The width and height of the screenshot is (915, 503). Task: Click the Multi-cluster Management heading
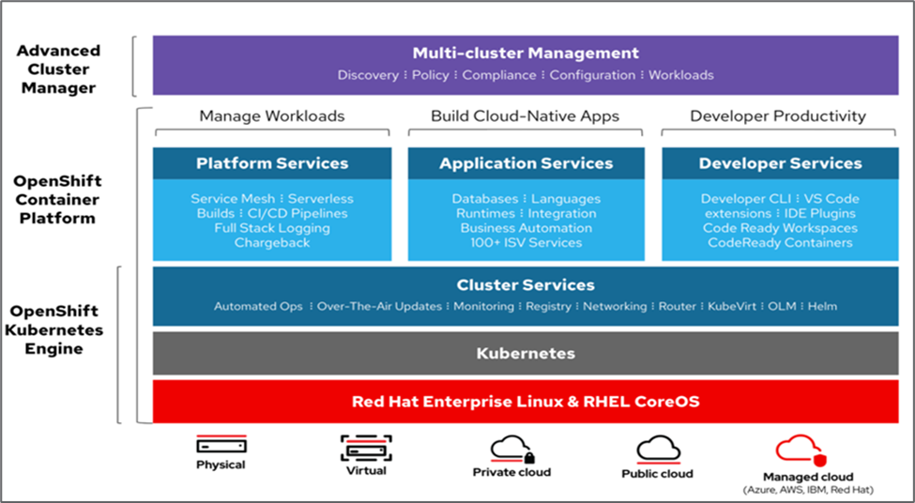pos(526,53)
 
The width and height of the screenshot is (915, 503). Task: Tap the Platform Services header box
pos(272,163)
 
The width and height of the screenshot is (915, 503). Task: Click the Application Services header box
pos(526,163)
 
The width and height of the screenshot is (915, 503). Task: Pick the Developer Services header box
pos(780,163)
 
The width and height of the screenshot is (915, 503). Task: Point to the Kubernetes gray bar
pos(526,354)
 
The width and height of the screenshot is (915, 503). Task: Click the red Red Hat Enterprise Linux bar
pos(526,402)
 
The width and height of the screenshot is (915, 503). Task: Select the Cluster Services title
pos(526,285)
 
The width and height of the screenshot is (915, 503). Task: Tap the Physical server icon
pos(221,445)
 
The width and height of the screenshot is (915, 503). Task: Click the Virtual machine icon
pos(365,448)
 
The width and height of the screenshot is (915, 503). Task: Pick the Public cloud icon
pos(658,449)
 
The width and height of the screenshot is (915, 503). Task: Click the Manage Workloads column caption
pos(272,116)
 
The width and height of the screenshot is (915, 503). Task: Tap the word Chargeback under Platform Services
pos(271,243)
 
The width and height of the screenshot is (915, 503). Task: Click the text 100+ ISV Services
pos(526,243)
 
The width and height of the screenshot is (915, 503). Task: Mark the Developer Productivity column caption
pos(778,116)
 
